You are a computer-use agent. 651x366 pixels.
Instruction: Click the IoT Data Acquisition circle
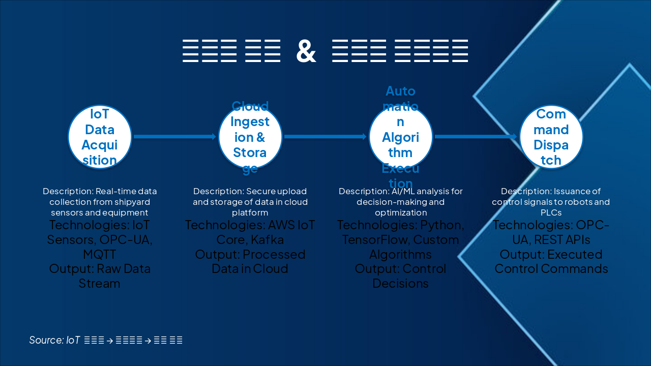click(100, 137)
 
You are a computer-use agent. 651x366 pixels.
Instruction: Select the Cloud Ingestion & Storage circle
click(250, 137)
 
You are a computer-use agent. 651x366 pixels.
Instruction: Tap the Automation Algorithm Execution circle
click(400, 137)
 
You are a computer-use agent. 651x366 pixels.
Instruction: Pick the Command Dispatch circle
click(551, 137)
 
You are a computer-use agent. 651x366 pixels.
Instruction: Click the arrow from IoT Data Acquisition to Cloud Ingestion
click(174, 136)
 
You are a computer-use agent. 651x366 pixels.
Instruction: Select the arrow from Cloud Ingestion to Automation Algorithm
click(325, 136)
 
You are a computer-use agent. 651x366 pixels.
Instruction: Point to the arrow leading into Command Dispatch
click(476, 136)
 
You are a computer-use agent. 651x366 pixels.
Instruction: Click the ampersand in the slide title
click(306, 51)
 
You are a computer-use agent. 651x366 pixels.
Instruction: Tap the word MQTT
click(100, 254)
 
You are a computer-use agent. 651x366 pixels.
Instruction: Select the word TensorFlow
click(376, 239)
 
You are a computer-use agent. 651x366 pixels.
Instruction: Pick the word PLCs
click(551, 212)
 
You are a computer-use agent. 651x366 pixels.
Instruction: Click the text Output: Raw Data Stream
click(100, 276)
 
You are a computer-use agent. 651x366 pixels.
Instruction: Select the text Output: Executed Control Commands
click(551, 261)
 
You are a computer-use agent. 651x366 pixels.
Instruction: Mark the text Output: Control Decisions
click(400, 276)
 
